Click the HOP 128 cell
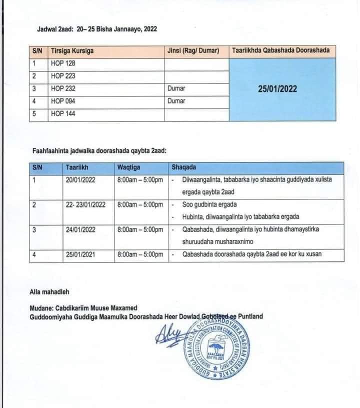point(63,63)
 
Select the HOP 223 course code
point(63,76)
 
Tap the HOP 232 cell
point(63,88)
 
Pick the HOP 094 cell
point(63,101)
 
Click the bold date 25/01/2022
point(278,89)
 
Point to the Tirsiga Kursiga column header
point(72,51)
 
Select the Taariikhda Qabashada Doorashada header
point(280,50)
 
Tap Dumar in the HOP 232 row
point(176,88)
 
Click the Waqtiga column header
point(129,167)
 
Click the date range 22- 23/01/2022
point(86,204)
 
